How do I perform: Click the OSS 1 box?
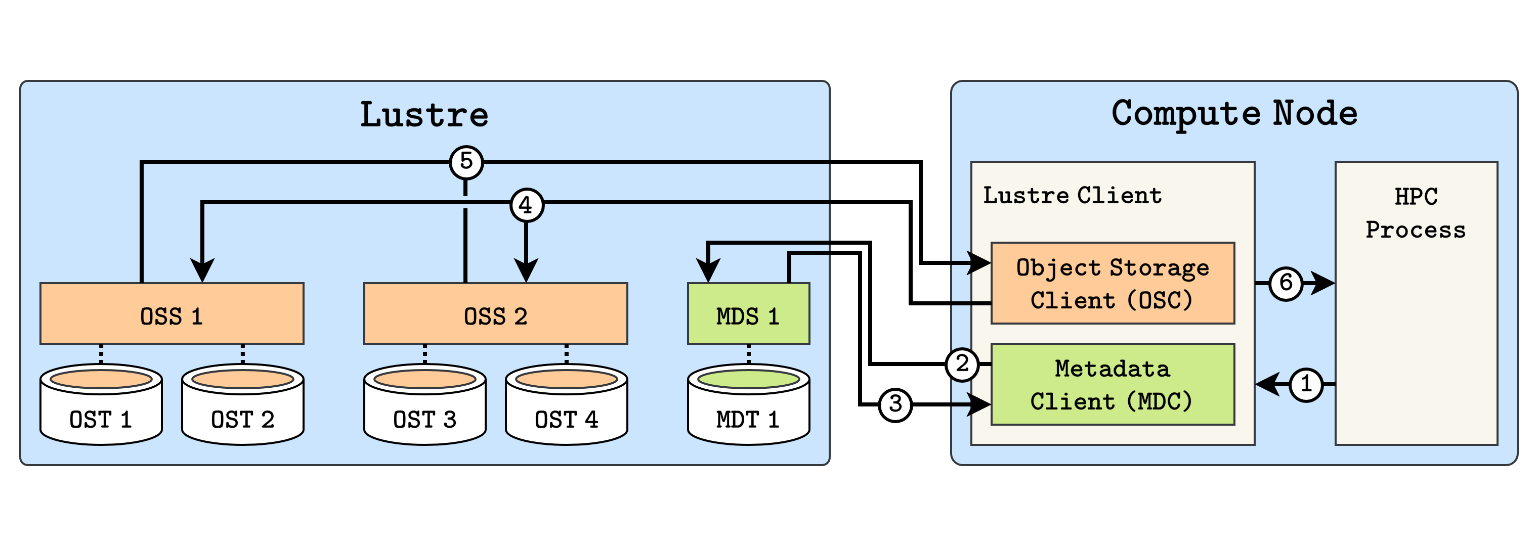(x=172, y=314)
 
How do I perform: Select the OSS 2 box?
(x=496, y=314)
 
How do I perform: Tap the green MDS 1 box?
(x=748, y=314)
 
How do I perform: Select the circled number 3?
(x=895, y=404)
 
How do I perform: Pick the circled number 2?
(x=962, y=364)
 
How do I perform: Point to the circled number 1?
(x=1306, y=384)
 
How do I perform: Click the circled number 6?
(x=1286, y=283)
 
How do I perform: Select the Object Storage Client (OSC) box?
(x=1113, y=284)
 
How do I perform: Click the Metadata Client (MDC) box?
(x=1113, y=384)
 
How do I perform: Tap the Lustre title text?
(x=424, y=115)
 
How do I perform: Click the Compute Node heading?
(x=1234, y=113)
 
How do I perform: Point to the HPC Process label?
(x=1416, y=213)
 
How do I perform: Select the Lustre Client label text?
(x=1073, y=195)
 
